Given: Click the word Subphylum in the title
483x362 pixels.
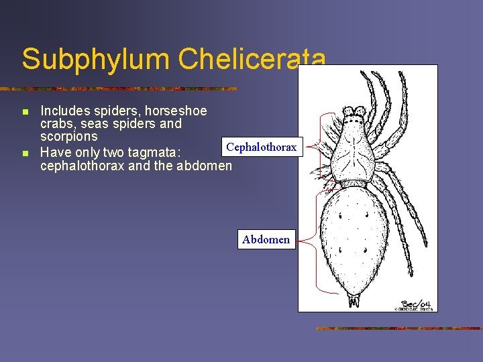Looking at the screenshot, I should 95,59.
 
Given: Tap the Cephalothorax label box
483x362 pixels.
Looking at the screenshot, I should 262,147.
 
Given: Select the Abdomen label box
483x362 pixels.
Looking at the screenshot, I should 266,239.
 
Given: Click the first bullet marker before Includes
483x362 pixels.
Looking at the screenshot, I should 25,111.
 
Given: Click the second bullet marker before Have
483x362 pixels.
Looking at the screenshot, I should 25,154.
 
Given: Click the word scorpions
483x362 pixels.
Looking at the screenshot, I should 68,136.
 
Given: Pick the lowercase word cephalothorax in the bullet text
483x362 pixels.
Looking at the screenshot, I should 82,166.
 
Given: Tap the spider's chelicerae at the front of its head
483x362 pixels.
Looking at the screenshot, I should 354,112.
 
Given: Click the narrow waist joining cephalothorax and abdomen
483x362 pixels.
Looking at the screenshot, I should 354,183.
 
